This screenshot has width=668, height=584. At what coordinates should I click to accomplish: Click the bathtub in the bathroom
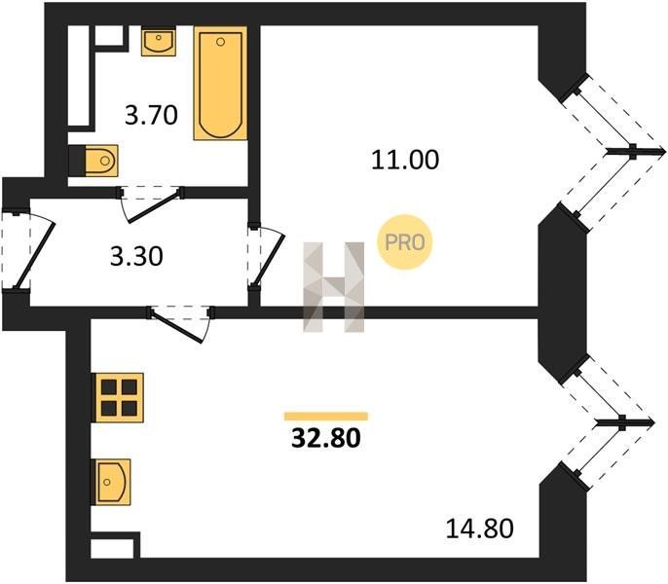click(220, 84)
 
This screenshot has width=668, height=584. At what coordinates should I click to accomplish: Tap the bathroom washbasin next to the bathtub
click(159, 41)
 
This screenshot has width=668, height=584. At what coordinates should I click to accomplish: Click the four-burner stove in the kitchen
click(119, 397)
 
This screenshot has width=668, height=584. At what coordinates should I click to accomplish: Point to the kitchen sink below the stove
click(113, 482)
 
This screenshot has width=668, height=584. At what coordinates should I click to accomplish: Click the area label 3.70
click(151, 116)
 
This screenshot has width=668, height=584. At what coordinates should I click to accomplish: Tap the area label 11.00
click(405, 160)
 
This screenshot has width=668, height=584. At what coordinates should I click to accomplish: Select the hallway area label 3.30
click(136, 257)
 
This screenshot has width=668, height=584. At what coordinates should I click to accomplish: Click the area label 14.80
click(480, 529)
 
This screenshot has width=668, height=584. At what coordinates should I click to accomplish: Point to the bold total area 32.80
click(326, 438)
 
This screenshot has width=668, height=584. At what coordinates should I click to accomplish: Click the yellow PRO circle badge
click(405, 242)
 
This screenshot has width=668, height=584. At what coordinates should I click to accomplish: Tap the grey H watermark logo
click(334, 287)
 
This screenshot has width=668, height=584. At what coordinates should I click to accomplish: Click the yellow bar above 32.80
click(326, 417)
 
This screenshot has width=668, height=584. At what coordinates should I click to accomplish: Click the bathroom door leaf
click(154, 207)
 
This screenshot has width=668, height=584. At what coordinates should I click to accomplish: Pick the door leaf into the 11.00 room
click(269, 260)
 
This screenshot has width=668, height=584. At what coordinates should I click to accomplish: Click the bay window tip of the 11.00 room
click(664, 151)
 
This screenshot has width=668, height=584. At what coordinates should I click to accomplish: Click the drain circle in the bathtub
click(220, 42)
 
